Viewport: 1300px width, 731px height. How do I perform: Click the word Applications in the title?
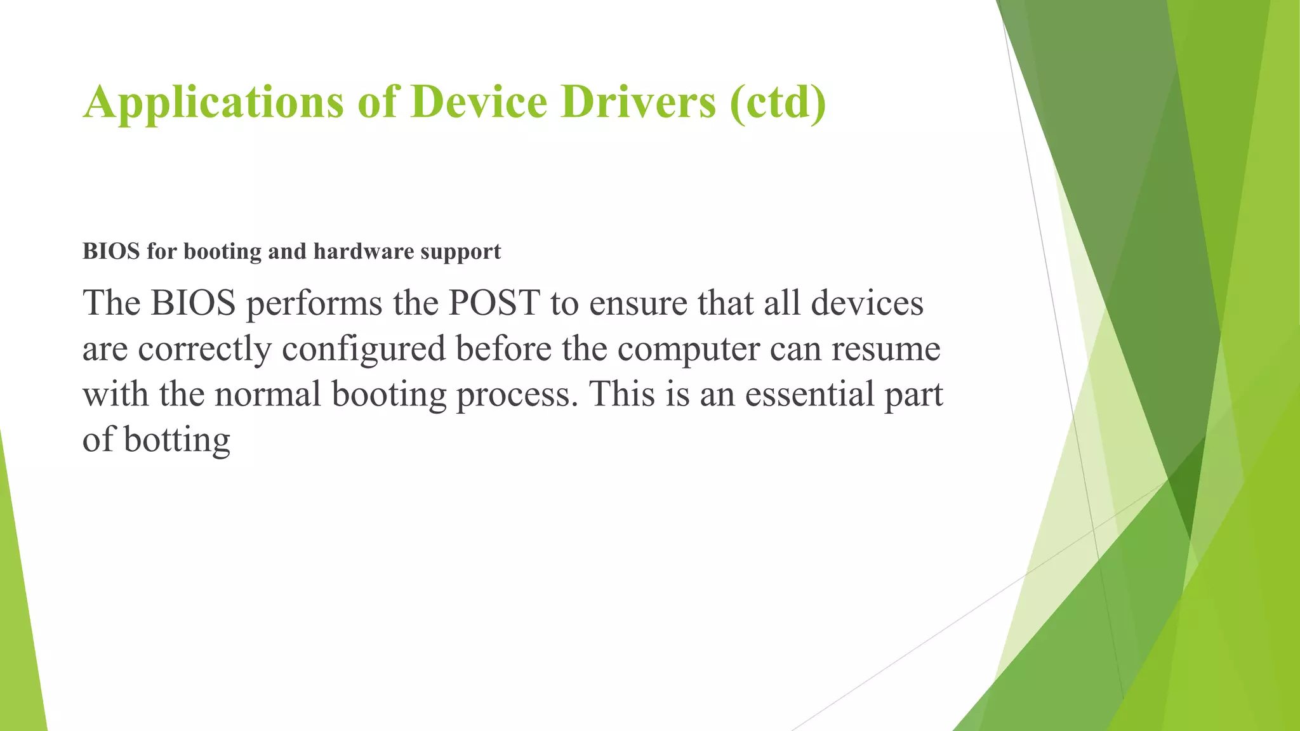pos(213,103)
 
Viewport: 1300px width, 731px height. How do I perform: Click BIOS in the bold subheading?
pos(111,251)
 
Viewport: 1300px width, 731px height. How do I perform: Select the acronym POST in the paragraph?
pos(494,303)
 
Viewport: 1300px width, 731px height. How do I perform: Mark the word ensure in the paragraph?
pos(638,303)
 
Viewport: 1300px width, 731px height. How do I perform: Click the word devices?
pos(867,303)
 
